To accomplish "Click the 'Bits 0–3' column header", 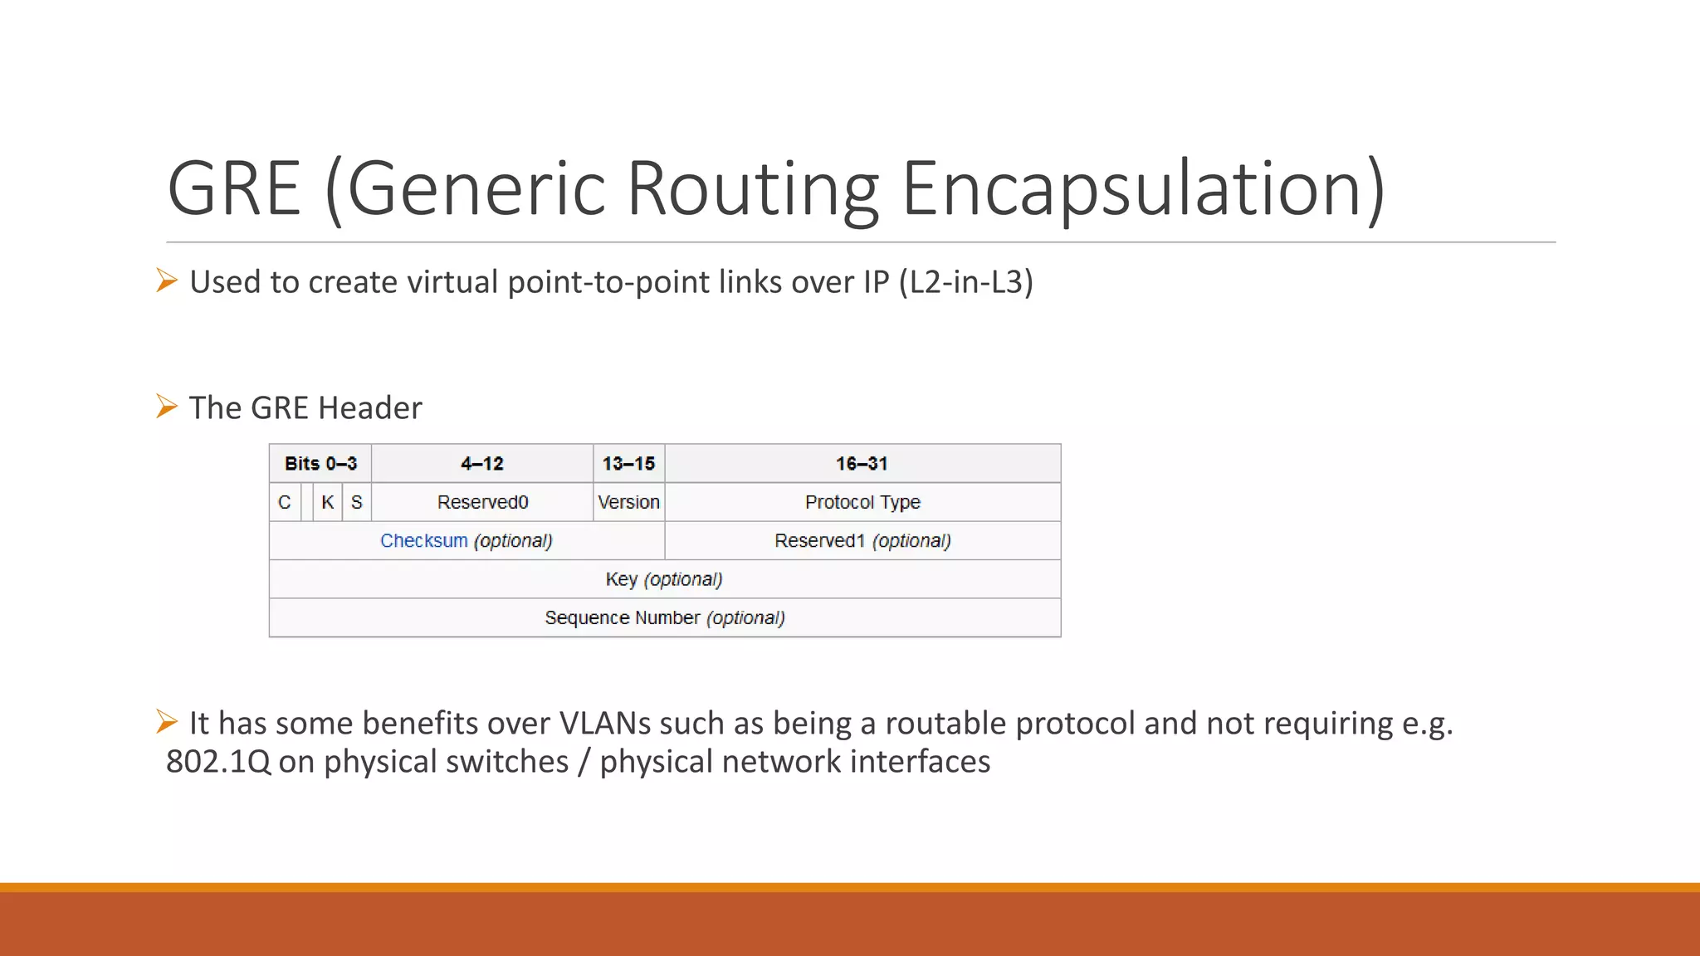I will pos(320,463).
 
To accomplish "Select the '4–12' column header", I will pos(482,463).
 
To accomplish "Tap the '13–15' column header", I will pos(628,463).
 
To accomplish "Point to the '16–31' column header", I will pos(862,463).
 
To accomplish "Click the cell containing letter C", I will pos(285,502).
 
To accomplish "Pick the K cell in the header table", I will pos(328,502).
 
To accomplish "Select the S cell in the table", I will pos(357,502).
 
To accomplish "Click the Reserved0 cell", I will pos(482,502).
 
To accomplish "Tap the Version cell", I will pos(628,502).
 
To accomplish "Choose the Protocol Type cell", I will pos(862,502).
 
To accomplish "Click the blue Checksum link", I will pos(424,540).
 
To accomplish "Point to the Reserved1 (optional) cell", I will pos(862,540).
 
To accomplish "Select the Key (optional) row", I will pos(664,579).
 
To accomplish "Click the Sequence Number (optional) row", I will pos(664,617).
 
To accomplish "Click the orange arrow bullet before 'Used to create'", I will pos(167,280).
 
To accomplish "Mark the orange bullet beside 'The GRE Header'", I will pos(167,407).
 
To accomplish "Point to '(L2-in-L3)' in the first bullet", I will pos(965,282).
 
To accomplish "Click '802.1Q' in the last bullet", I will pos(218,762).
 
